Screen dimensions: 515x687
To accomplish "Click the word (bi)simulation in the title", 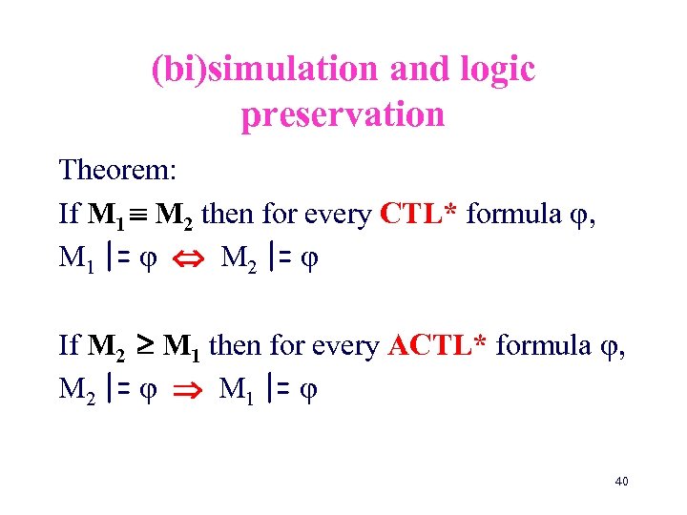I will [248, 69].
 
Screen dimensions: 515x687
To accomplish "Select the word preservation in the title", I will [343, 114].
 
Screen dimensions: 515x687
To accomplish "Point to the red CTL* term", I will [421, 214].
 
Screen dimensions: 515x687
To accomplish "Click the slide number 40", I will [621, 482].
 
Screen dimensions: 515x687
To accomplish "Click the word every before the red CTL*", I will [339, 216].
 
